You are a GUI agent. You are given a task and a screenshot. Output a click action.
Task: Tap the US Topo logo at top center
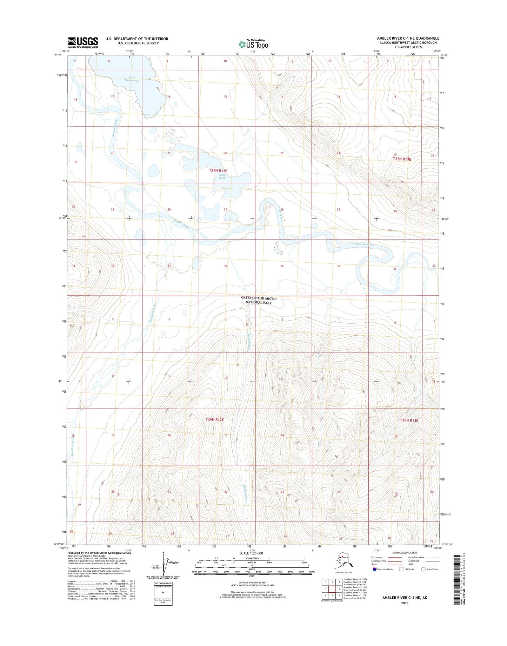point(253,44)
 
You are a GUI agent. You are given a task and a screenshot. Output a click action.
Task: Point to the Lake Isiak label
point(222,176)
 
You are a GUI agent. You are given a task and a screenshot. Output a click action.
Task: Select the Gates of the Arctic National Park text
point(259,300)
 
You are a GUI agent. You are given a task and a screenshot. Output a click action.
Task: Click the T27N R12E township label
point(218,170)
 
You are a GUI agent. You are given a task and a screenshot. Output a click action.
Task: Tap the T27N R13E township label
point(402,159)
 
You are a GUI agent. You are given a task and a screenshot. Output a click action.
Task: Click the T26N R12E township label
point(214,419)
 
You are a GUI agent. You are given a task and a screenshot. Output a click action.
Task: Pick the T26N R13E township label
point(409,420)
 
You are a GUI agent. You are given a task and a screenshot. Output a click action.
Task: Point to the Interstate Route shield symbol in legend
point(375,569)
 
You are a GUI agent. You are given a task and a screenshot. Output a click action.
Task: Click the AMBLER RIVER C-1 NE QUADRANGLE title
point(408,38)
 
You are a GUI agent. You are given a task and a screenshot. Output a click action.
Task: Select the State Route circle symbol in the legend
point(423,569)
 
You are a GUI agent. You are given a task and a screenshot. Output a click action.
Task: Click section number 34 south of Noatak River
point(226,266)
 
